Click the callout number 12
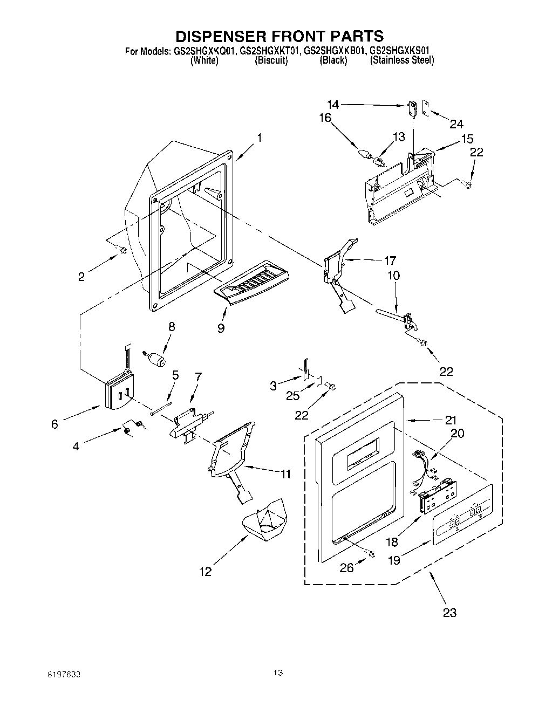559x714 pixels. pos(206,572)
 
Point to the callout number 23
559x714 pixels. pos(449,612)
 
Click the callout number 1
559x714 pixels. pos(260,138)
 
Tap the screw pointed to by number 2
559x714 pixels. pos(122,249)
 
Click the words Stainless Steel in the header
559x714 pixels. pos(402,60)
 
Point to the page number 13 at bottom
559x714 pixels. pos(278,672)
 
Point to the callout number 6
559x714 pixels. pos(54,424)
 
